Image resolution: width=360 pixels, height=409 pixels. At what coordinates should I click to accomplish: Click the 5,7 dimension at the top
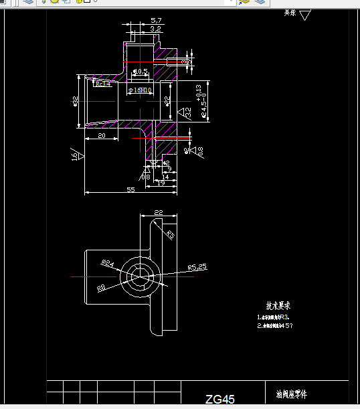[156, 21]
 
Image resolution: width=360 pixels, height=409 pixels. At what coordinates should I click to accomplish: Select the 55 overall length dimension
[130, 190]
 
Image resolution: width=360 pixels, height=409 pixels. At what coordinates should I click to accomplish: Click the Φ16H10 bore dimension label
[141, 90]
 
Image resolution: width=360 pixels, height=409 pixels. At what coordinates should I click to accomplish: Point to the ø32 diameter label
[76, 101]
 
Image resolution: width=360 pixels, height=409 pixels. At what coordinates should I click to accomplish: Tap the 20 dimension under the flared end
[102, 136]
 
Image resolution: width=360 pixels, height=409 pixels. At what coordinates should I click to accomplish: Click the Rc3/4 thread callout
[102, 84]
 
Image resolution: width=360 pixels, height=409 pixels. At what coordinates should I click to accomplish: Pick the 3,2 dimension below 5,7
[155, 29]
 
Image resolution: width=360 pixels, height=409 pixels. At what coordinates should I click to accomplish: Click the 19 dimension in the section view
[161, 182]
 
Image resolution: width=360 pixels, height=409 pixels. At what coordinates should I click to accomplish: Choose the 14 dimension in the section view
[165, 176]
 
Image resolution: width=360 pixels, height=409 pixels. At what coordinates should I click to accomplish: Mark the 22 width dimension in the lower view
[158, 212]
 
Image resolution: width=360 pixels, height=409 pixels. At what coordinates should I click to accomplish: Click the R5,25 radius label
[197, 266]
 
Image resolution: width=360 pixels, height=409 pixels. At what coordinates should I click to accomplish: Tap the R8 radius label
[102, 288]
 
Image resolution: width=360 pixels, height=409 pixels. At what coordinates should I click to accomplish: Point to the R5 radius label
[171, 235]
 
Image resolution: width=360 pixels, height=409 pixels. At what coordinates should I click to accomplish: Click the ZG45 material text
[220, 400]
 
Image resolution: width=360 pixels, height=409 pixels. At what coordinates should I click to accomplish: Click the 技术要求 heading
[278, 305]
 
